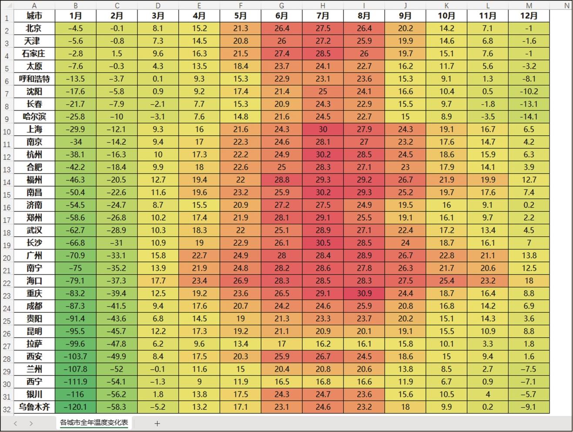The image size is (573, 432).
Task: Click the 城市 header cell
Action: [34, 16]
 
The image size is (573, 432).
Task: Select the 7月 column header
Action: [323, 16]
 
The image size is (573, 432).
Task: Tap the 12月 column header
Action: [529, 16]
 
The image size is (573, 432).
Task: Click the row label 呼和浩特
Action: [34, 79]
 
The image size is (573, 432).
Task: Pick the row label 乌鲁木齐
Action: [34, 407]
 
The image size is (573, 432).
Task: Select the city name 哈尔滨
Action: [34, 117]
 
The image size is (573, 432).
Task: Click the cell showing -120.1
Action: [76, 407]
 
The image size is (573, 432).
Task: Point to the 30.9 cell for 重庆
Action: [364, 293]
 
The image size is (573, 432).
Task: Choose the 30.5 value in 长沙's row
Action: [323, 243]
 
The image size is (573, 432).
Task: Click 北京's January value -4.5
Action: [76, 28]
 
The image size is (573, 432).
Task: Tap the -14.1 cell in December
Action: [529, 117]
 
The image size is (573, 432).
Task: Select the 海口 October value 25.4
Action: [446, 281]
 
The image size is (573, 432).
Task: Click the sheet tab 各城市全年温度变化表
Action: [94, 422]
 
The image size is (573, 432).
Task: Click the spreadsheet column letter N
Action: [566, 5]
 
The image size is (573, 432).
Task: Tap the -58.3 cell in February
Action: [117, 407]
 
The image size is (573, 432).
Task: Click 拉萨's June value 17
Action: [281, 344]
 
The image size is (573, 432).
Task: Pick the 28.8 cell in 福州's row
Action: [281, 180]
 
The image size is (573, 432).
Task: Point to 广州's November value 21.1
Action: [488, 255]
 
